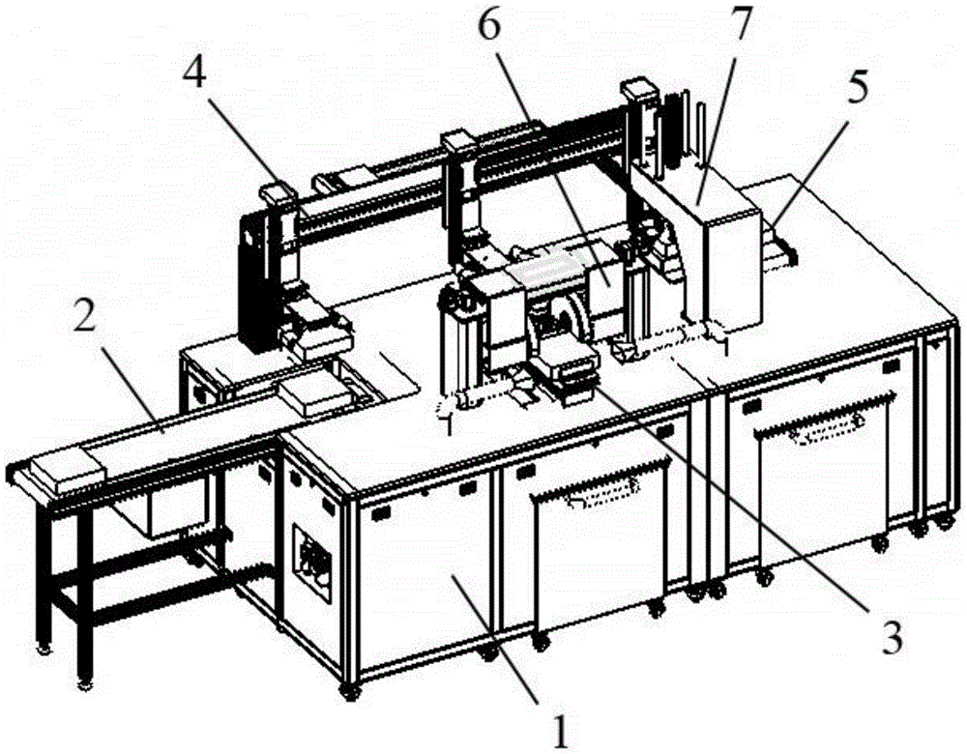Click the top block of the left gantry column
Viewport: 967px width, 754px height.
point(276,192)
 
